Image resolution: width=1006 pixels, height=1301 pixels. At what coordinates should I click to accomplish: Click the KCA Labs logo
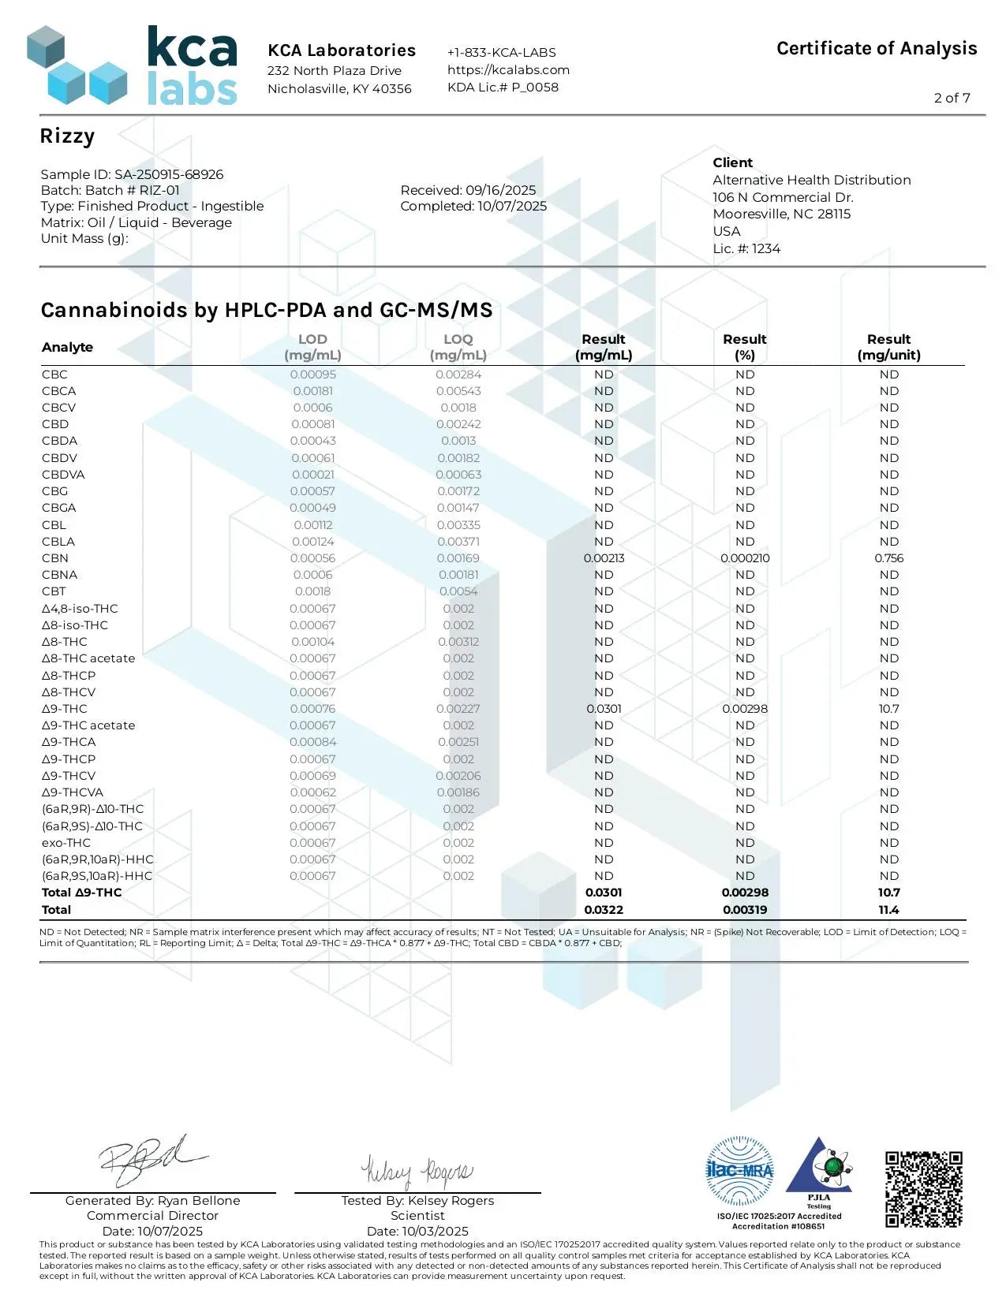pos(132,66)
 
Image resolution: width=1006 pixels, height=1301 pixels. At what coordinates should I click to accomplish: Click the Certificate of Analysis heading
pos(877,49)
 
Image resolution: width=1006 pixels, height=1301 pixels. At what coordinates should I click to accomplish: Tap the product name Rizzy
pos(67,136)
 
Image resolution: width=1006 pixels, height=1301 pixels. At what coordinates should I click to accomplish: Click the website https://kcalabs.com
pos(508,69)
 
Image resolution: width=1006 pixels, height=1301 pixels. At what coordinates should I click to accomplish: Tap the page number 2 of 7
pos(952,98)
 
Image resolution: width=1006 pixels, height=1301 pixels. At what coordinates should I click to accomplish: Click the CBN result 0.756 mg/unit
pos(888,558)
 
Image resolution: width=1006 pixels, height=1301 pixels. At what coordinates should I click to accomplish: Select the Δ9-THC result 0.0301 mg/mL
pos(604,709)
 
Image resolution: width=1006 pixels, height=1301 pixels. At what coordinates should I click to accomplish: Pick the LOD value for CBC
pos(312,375)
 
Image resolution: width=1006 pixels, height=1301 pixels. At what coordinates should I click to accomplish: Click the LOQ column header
pos(458,347)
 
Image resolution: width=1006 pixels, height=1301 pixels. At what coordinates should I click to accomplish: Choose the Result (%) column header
pos(744,347)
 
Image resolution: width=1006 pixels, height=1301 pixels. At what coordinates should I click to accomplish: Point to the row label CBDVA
pos(63,475)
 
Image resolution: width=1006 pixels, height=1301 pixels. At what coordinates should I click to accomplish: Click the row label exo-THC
pos(66,843)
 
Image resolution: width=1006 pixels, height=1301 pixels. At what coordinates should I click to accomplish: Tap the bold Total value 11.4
pos(888,910)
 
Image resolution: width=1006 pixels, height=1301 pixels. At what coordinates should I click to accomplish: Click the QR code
pos(923,1189)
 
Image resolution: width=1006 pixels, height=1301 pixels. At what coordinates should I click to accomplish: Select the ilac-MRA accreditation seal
pos(739,1171)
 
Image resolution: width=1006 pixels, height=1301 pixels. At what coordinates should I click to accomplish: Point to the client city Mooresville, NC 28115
pos(781,214)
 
